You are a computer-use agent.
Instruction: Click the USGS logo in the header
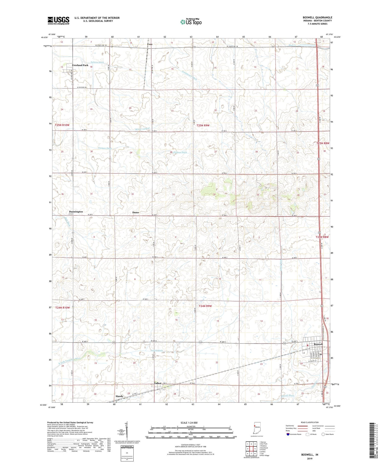58,20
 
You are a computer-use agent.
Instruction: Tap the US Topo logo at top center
191,22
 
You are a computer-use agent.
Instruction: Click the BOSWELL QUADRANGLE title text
317,17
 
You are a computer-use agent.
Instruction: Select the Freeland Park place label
80,65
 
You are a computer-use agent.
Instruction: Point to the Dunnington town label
76,212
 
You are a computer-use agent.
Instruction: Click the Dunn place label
136,212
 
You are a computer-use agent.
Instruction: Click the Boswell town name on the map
318,344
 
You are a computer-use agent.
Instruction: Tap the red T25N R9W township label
203,125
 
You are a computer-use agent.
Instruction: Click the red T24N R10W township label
62,308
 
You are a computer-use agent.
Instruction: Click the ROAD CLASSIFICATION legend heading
310,422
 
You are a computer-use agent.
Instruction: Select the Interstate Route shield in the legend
288,434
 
